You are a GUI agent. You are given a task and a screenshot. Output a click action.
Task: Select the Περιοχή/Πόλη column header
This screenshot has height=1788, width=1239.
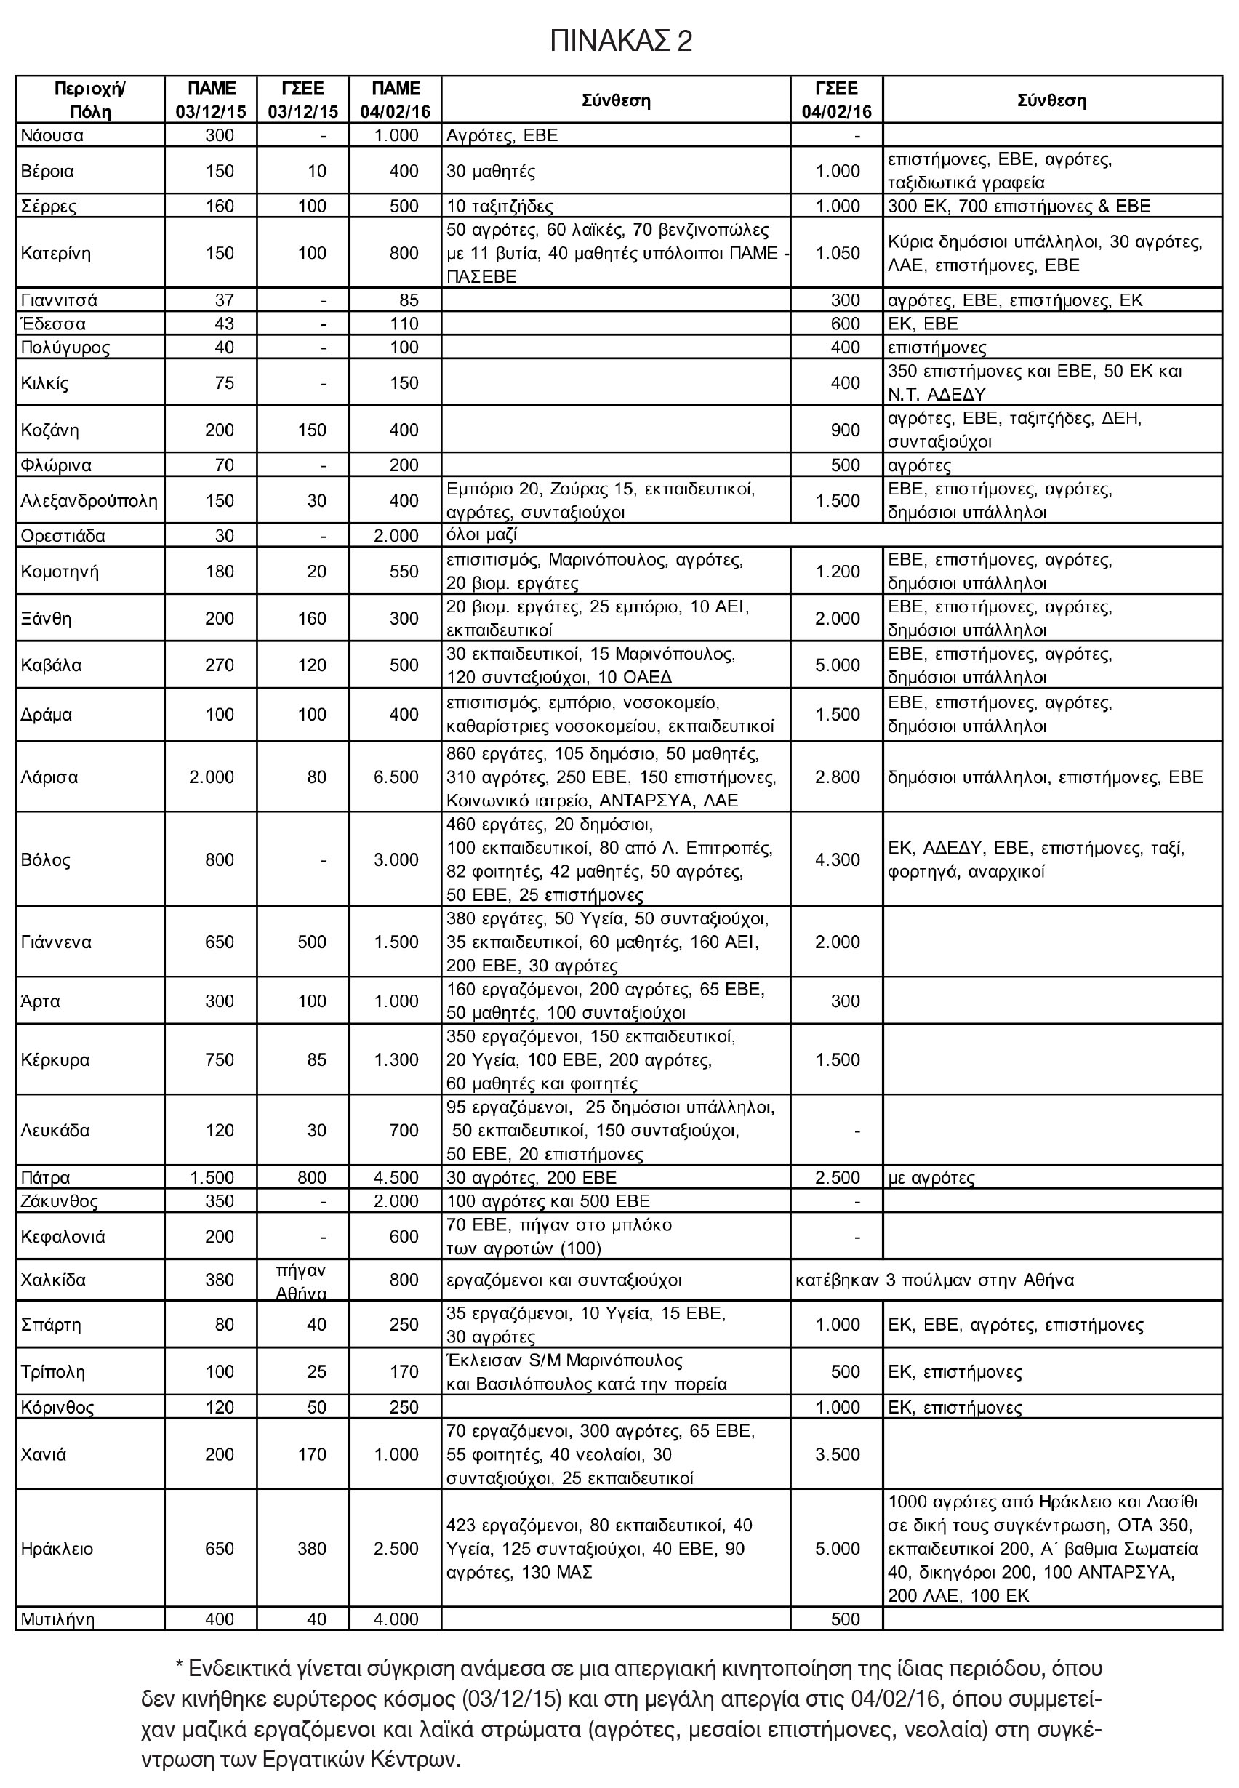click(90, 100)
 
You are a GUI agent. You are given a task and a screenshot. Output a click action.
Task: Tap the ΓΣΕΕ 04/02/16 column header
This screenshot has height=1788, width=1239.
click(836, 100)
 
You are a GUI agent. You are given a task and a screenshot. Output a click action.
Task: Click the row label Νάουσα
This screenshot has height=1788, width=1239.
click(52, 136)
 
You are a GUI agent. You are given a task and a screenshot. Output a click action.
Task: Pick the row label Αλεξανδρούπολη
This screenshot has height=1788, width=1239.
click(89, 501)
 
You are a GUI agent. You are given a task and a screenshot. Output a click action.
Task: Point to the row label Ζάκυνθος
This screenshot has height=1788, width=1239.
click(59, 1201)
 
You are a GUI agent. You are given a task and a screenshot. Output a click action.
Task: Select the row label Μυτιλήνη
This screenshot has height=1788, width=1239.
click(57, 1619)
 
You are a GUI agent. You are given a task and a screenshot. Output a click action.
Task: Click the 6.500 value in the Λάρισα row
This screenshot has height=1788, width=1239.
click(396, 777)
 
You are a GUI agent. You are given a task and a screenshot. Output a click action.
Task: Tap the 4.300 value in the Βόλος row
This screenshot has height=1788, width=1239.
click(837, 859)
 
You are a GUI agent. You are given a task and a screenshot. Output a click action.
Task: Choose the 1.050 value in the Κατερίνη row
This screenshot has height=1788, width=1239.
click(837, 253)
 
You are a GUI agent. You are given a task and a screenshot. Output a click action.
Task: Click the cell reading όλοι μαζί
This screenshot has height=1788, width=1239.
click(482, 536)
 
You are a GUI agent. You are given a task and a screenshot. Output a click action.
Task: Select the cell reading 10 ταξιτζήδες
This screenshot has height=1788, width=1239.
click(500, 207)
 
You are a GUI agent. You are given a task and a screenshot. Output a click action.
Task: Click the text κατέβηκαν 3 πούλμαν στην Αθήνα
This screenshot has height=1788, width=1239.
click(934, 1280)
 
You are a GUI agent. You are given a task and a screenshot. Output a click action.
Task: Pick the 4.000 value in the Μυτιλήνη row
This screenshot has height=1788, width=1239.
click(396, 1619)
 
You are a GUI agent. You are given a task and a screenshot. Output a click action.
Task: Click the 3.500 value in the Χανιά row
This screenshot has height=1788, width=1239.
click(837, 1454)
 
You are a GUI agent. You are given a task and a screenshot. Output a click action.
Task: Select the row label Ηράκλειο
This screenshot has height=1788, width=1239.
click(57, 1549)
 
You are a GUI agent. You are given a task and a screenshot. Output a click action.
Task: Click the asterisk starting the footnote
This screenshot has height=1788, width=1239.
click(180, 1668)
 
